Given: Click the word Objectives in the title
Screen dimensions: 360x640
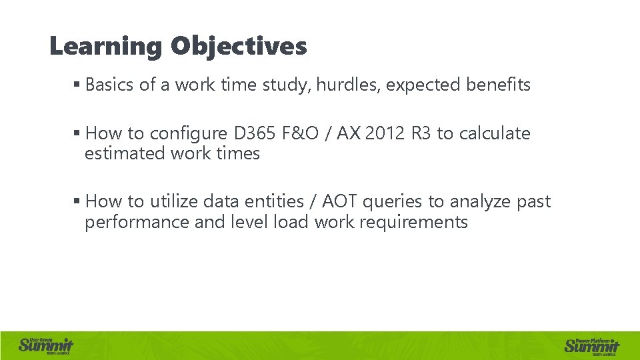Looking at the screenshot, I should click(x=239, y=47).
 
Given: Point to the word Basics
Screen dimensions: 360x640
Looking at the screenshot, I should click(x=110, y=85).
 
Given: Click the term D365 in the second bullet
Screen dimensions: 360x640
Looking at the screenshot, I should click(x=256, y=133).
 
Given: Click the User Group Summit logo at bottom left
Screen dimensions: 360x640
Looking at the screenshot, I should click(x=46, y=345).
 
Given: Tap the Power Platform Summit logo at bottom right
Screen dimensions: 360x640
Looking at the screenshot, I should click(x=592, y=345).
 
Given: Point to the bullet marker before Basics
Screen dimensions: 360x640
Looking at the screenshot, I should click(x=77, y=85).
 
